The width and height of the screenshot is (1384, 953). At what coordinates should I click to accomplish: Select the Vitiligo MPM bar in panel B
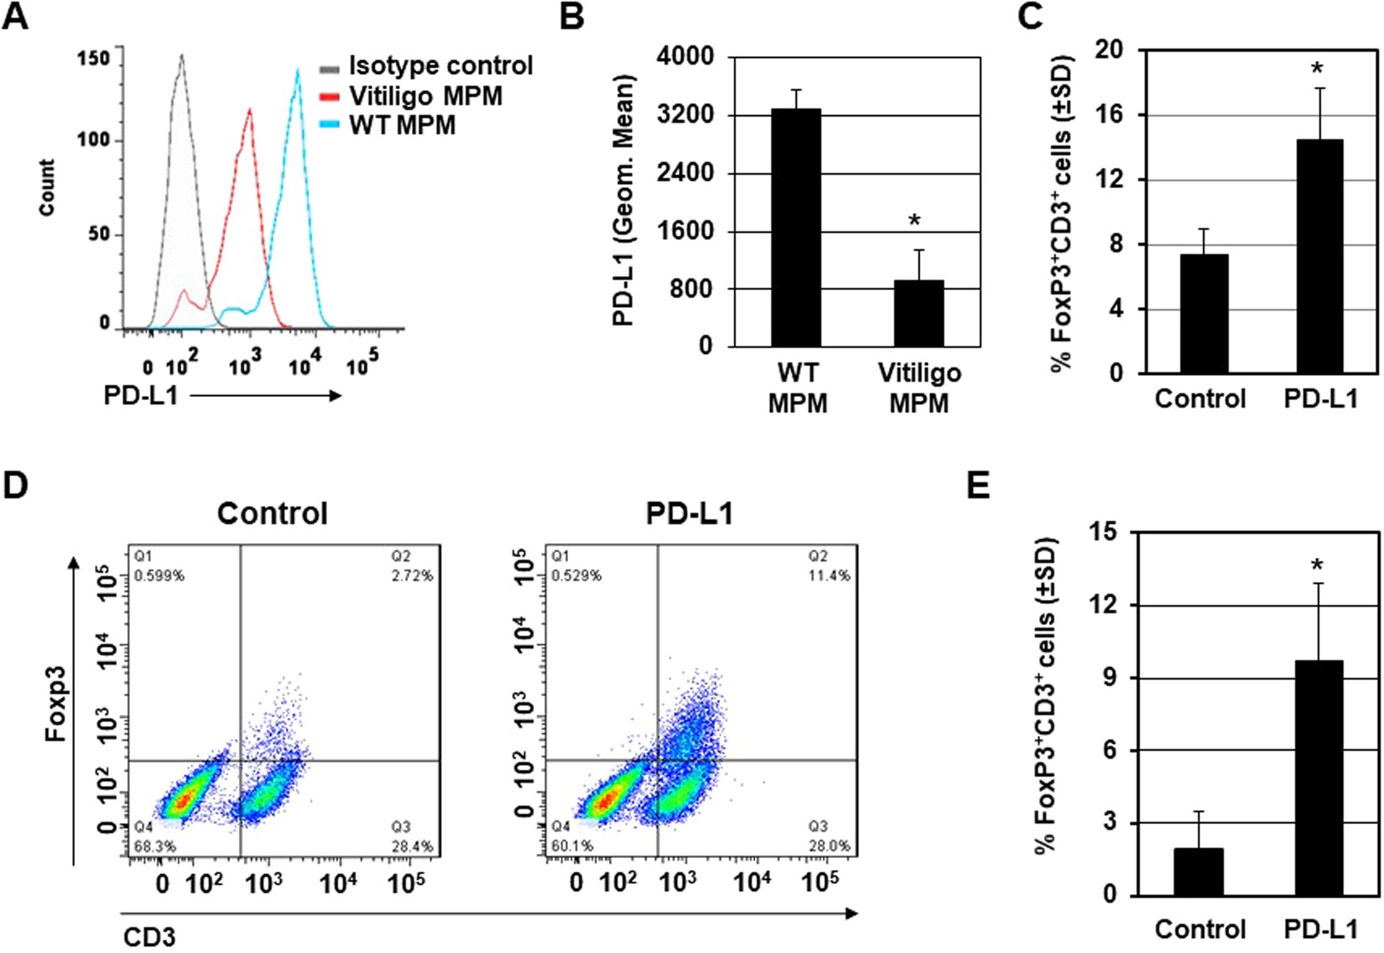(x=918, y=313)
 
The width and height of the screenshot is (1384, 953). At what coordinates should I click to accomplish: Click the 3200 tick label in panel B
(x=684, y=115)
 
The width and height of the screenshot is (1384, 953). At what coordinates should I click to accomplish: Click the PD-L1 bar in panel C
(x=1319, y=256)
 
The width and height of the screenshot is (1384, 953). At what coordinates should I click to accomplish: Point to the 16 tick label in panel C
(x=1108, y=115)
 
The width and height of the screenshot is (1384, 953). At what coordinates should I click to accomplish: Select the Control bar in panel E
(x=1199, y=872)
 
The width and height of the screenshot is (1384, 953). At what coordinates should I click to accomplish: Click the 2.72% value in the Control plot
(x=412, y=576)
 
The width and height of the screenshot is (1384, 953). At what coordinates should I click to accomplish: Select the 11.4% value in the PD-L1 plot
(x=829, y=576)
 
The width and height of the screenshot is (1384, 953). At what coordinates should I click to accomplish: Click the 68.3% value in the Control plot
(x=155, y=846)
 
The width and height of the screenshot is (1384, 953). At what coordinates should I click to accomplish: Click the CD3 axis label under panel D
(x=149, y=937)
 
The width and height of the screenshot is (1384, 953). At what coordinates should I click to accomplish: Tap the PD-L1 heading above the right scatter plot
(x=689, y=513)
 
